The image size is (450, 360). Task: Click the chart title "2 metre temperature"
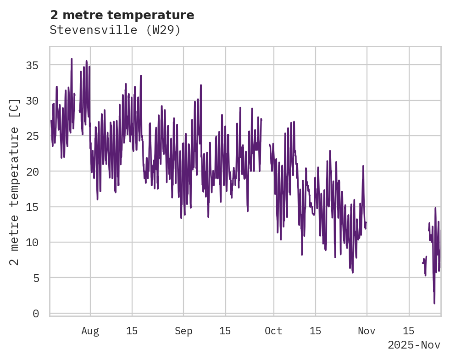point(122,15)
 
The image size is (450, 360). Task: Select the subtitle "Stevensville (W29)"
point(115,30)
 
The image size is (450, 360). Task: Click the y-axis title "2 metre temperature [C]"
point(15,182)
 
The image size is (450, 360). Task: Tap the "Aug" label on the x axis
point(90,331)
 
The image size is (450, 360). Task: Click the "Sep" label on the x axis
point(183,331)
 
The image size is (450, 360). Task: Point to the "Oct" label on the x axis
point(273,331)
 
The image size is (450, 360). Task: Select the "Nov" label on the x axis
point(367,331)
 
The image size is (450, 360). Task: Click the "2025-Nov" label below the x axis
point(414,345)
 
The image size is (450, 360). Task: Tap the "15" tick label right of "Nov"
point(408,331)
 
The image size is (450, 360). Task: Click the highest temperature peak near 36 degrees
point(72,59)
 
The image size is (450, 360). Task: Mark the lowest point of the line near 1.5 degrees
point(434,303)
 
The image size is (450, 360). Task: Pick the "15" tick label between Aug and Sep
point(132,331)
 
